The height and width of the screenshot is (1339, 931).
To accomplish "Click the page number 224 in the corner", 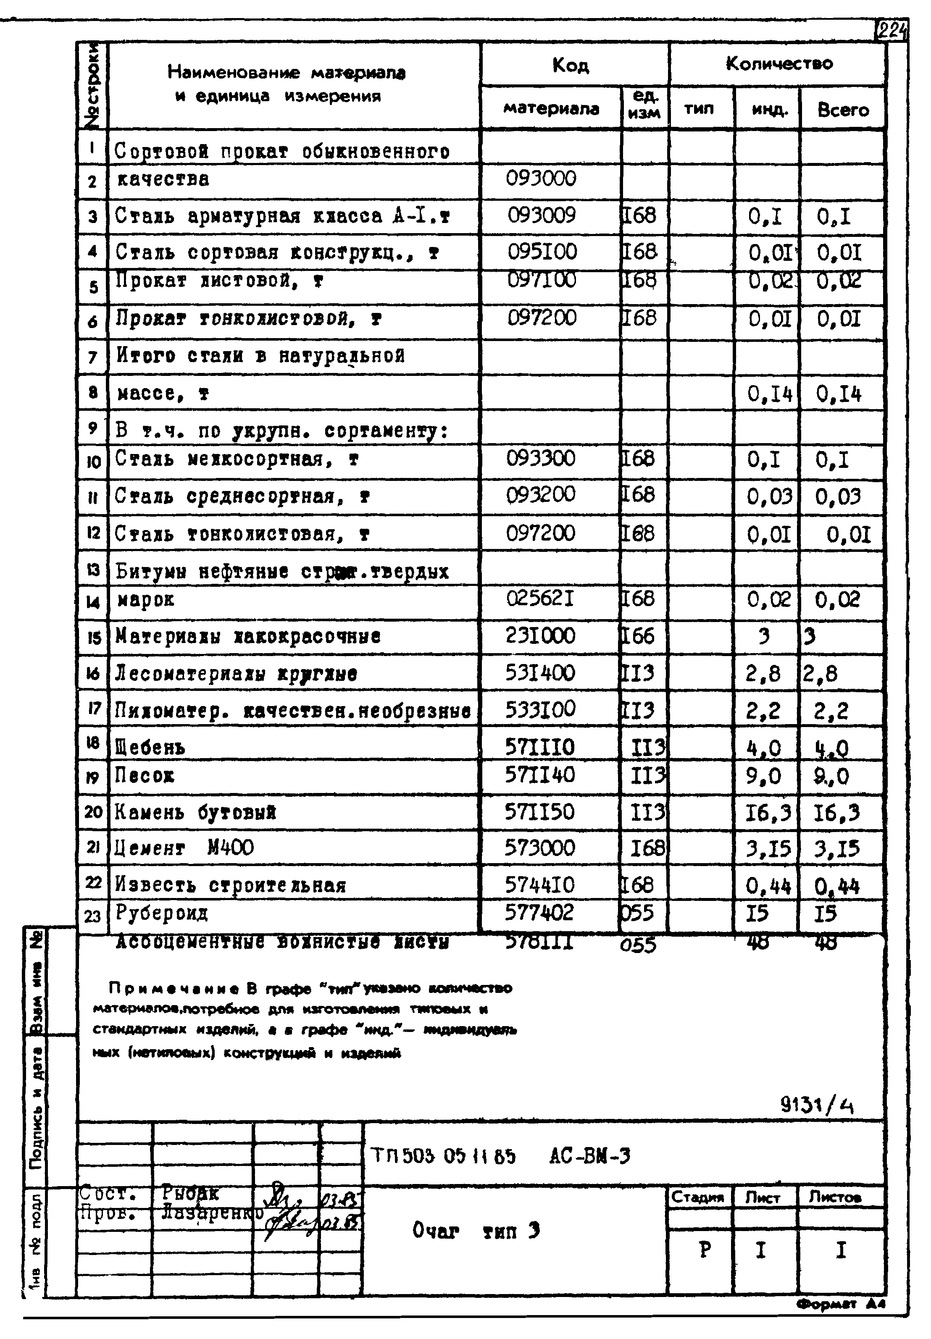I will (892, 30).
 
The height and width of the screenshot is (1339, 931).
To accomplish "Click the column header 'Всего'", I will (843, 110).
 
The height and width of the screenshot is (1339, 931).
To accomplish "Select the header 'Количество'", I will (779, 63).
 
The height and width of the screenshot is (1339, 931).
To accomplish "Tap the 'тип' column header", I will (699, 108).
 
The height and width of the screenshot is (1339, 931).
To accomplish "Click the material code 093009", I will (542, 216).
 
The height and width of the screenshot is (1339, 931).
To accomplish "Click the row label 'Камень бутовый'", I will (195, 812).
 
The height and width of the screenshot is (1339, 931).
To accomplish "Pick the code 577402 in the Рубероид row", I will (539, 912).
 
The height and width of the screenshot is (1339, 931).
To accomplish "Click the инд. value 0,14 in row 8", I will (769, 395).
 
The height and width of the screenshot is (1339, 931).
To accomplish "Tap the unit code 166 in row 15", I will (638, 635).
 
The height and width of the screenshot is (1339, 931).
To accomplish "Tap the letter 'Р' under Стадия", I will (705, 1250).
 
